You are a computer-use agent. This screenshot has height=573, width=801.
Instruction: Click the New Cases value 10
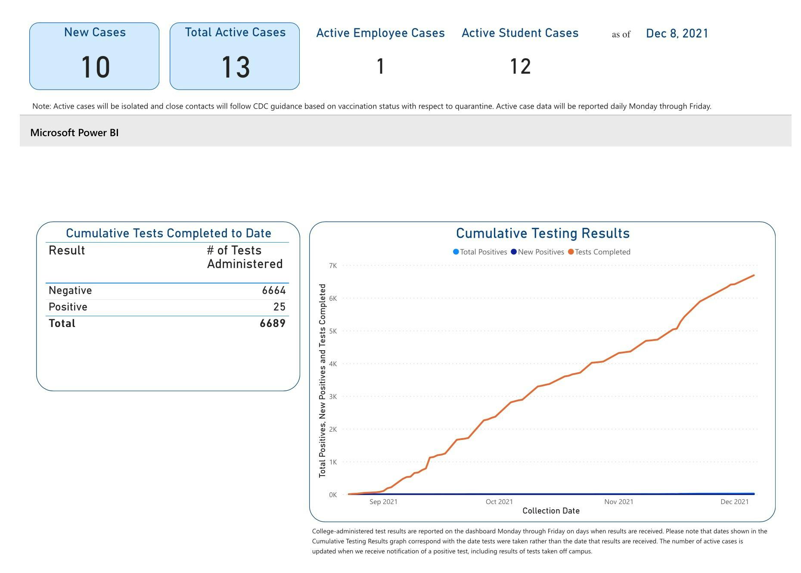95,68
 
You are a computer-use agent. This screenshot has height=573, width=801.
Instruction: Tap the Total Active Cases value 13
235,68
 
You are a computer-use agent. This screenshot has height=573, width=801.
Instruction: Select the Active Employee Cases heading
380,33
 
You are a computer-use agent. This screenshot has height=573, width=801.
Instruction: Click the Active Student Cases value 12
520,67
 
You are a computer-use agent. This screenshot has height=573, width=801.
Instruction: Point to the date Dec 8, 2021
677,34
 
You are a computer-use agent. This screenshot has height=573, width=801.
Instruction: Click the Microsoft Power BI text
74,133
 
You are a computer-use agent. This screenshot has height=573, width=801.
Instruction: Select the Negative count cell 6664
273,291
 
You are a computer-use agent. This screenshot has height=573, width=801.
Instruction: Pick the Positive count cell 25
279,307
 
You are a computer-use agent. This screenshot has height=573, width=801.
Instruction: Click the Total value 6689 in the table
272,324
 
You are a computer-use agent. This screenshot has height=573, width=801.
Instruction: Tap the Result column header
67,251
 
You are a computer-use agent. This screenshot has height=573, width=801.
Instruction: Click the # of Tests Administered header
245,257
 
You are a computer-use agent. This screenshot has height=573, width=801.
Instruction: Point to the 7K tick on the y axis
332,266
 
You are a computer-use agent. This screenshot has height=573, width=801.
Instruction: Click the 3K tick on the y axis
332,397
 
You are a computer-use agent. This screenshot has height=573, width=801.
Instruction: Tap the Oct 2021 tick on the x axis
499,502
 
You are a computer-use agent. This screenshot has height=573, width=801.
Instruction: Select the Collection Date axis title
551,511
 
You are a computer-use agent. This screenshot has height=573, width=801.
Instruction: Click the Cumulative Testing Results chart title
543,234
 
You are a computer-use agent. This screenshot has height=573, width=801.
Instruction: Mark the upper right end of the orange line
754,275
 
